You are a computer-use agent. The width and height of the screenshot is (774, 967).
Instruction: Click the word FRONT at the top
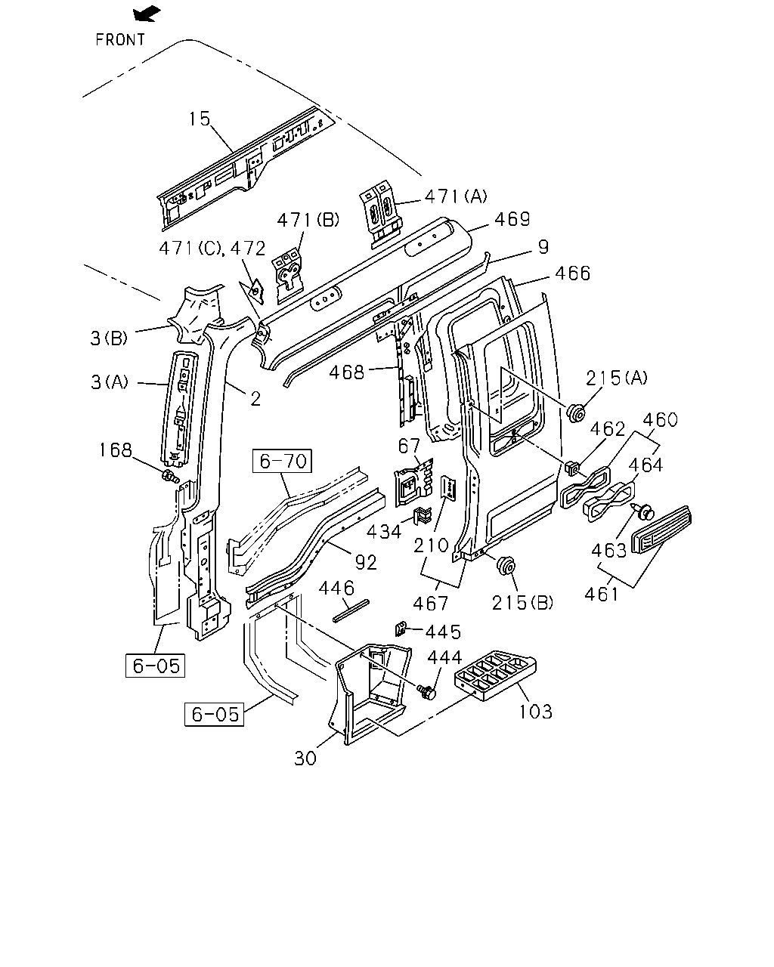pos(120,40)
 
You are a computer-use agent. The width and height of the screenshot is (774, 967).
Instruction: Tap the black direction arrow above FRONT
pos(147,14)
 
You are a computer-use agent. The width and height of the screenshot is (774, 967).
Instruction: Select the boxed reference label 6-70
pos(283,461)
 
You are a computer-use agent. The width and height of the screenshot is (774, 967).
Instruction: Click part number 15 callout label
pos(200,119)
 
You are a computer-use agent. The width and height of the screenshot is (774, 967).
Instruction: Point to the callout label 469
pos(512,219)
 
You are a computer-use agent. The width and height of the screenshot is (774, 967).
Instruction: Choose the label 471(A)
pos(456,196)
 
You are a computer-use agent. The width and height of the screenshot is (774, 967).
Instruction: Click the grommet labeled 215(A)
pos(576,413)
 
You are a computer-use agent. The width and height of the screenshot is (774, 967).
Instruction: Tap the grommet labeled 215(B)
pos(506,565)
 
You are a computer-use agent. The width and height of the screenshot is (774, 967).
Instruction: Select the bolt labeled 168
pos(171,476)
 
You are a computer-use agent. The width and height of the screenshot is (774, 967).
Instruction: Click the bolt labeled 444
pos(426,692)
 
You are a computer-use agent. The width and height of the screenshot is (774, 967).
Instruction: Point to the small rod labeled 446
pos(351,610)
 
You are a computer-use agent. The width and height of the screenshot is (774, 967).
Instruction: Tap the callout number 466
pos(572,273)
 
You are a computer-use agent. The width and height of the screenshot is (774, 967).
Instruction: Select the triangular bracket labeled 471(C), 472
pos(253,291)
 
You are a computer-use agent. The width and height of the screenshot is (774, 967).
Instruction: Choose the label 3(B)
pos(109,338)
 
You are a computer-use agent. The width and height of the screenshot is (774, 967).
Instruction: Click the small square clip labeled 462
pos(571,468)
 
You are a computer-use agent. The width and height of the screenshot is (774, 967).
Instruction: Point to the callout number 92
pos(366,562)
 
